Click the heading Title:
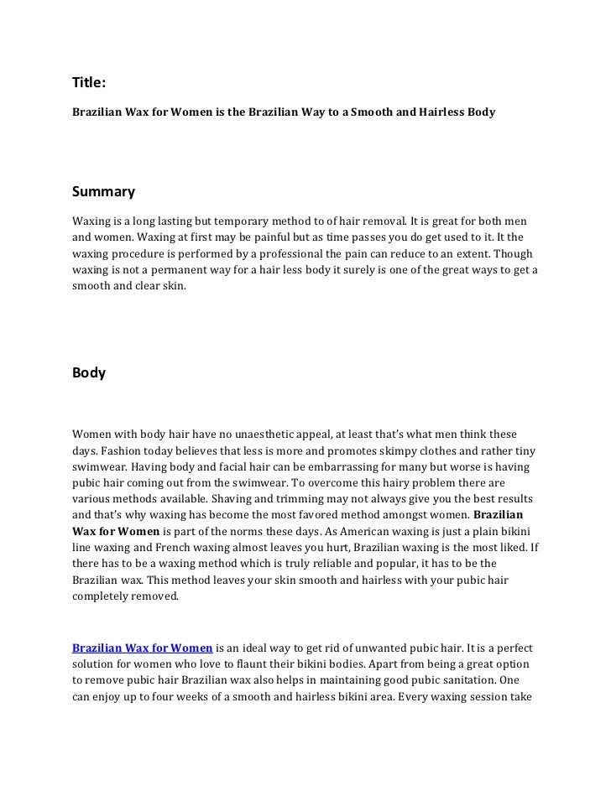coord(89,82)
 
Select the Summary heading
coord(103,192)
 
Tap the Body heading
coord(89,373)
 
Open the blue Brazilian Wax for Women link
coord(142,648)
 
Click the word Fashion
coord(121,450)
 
